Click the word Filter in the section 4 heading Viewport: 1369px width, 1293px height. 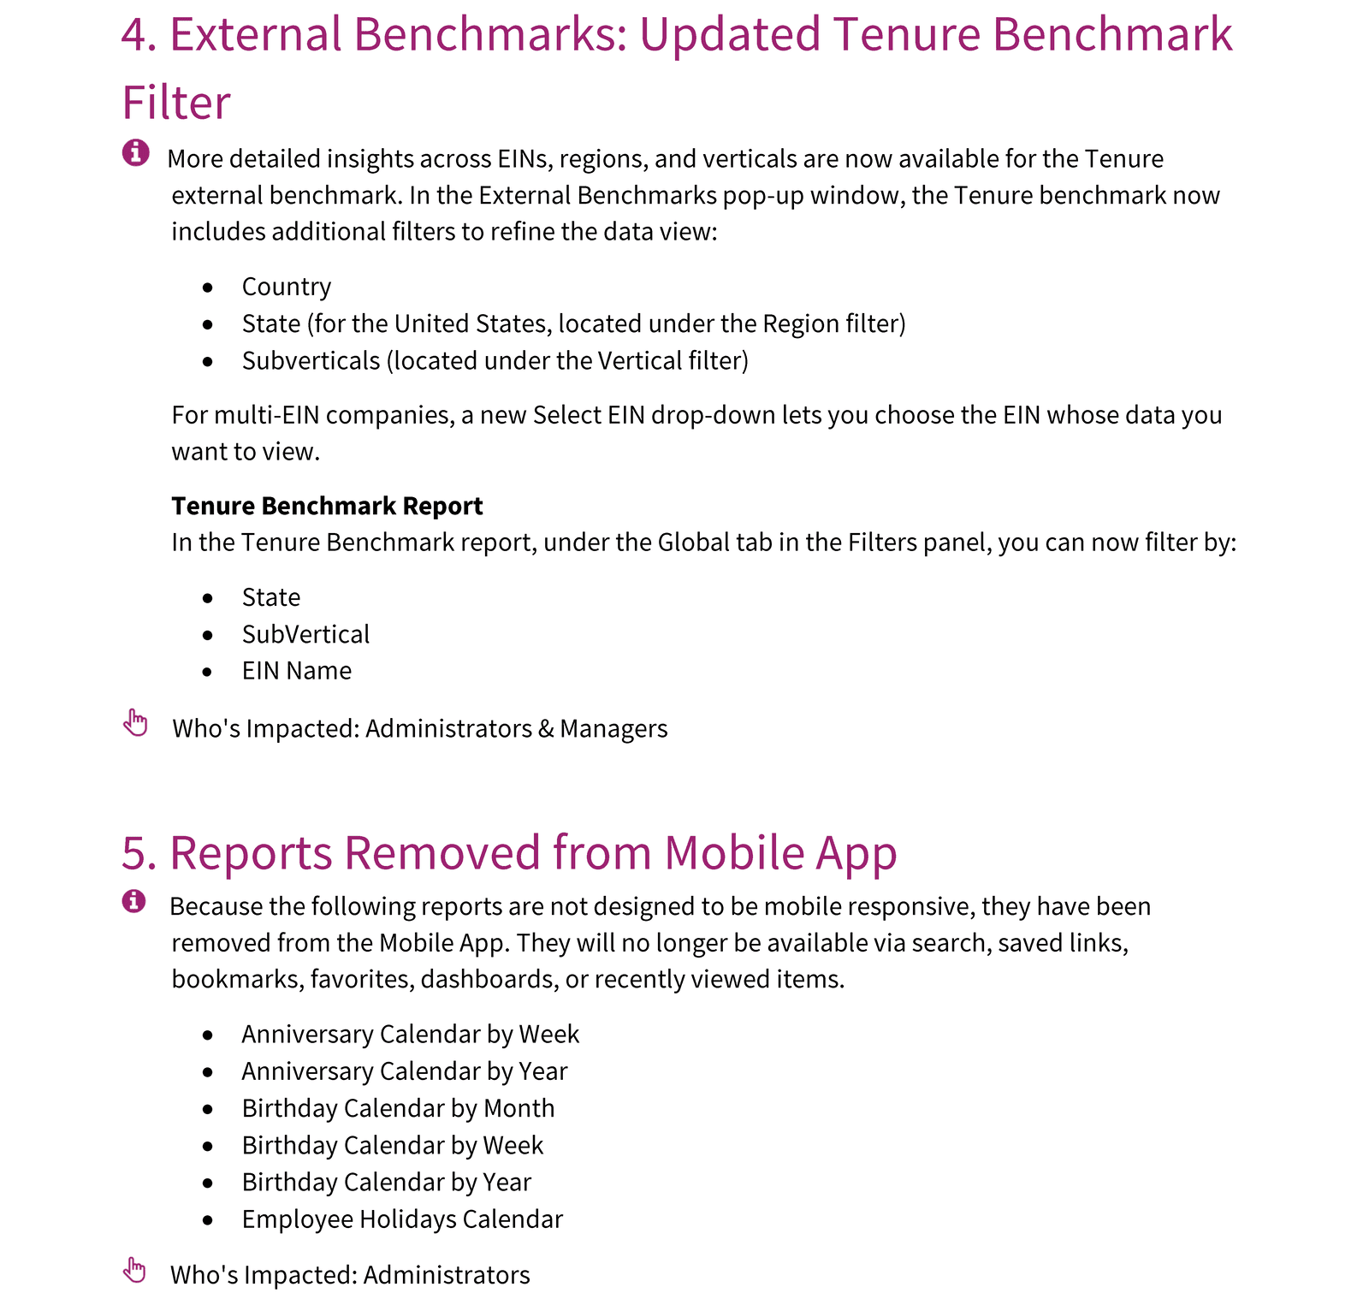point(176,103)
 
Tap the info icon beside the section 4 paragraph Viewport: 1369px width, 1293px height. point(135,153)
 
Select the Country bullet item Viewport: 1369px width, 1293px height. point(286,287)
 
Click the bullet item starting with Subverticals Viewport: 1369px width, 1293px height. point(495,361)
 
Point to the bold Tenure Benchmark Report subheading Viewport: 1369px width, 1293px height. point(327,506)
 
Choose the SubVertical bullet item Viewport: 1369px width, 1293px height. point(305,634)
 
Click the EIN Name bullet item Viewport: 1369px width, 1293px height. point(296,671)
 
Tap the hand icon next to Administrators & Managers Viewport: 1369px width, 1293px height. point(135,722)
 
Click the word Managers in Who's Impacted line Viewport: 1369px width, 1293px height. point(613,729)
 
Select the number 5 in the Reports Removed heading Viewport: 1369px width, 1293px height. point(139,853)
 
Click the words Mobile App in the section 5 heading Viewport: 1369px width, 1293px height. point(779,853)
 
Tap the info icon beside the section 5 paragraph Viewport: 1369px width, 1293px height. point(133,901)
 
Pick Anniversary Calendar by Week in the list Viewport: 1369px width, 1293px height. point(410,1035)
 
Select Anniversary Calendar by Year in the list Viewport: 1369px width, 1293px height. point(404,1071)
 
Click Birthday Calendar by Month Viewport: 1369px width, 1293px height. point(398,1108)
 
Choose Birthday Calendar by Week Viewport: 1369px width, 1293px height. point(392,1145)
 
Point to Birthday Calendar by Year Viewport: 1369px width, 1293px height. point(386,1182)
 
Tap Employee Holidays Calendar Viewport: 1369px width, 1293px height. point(402,1219)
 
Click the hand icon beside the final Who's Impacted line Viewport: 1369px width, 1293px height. point(134,1270)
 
